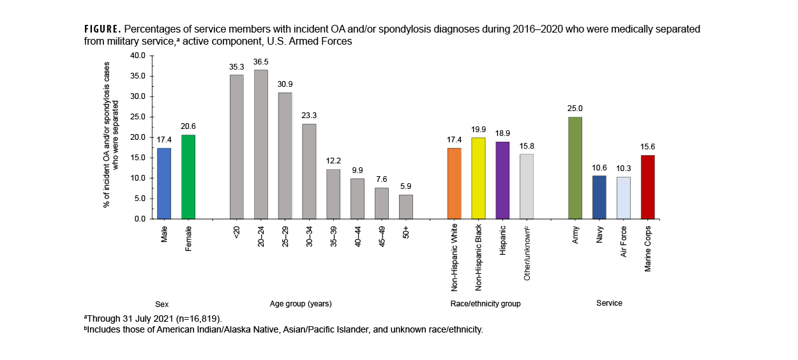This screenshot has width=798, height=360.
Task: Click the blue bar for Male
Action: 164,183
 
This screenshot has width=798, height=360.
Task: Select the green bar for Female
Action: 188,177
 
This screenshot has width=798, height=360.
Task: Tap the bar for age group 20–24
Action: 261,144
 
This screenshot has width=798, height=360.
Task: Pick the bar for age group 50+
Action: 406,207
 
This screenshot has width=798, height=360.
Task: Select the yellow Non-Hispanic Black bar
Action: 478,178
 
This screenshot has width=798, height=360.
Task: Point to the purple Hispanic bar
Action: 502,180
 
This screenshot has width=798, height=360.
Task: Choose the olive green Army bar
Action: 575,168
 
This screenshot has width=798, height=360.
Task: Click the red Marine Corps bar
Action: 647,187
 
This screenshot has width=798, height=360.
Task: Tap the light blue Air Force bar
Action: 623,198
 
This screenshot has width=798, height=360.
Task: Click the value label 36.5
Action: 261,62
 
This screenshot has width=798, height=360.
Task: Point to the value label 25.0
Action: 575,109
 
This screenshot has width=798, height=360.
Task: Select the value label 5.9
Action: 406,187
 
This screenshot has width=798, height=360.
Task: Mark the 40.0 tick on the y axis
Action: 138,56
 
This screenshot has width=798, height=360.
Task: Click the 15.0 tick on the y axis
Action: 138,158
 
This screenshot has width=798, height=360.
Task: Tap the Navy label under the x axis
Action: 599,234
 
